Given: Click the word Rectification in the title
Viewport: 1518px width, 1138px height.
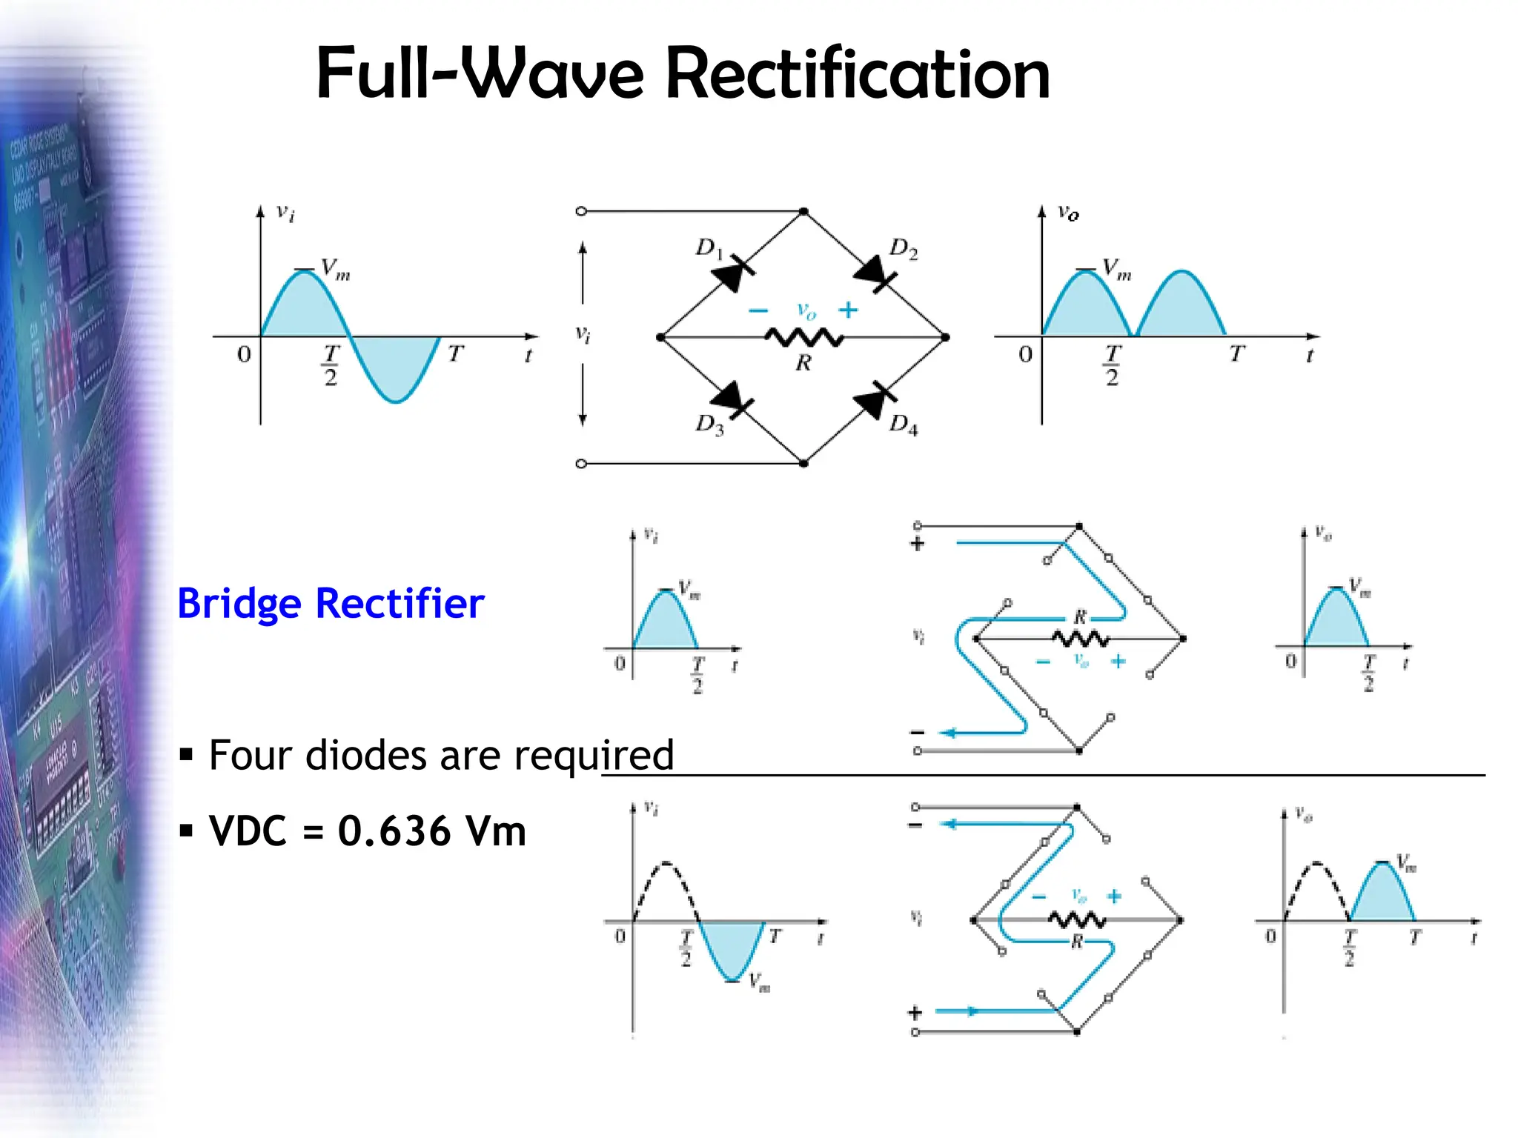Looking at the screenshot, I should pos(858,74).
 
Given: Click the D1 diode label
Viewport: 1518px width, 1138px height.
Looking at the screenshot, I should pos(708,248).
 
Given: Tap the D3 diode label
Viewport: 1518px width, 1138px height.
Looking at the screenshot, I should pos(709,425).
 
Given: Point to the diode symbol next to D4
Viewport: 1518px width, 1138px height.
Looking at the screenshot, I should pos(873,401).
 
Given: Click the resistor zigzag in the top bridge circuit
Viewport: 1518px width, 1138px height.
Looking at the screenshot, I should pos(803,339).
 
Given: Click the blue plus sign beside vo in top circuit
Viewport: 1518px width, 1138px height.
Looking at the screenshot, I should pos(848,310).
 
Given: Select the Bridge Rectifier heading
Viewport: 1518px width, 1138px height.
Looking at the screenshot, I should pos(331,603).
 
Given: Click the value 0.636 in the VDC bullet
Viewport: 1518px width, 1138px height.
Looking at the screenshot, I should pos(394,831).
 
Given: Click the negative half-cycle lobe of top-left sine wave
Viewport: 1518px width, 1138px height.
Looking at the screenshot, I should pos(394,367).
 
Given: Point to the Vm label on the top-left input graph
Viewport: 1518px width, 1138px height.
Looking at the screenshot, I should pos(335,269).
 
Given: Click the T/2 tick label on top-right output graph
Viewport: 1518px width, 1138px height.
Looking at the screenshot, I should pos(1111,365).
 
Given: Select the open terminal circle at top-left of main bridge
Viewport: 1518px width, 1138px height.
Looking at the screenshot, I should pos(581,211).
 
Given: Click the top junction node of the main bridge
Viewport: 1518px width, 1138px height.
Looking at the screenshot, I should pos(803,212).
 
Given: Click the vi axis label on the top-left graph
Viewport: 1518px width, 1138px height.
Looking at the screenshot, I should pos(285,213).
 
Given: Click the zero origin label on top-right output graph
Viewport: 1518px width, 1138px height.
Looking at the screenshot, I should pos(1025,354).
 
